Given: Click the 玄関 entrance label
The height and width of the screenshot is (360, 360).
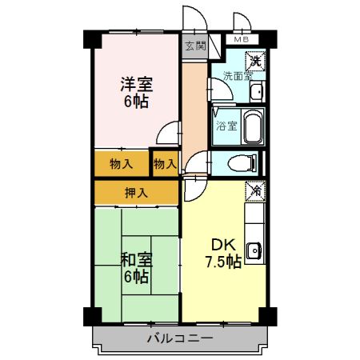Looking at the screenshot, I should point(195,46).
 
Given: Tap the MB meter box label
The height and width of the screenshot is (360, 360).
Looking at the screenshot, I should point(241,38).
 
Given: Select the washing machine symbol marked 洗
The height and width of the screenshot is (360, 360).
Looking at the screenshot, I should point(254,60).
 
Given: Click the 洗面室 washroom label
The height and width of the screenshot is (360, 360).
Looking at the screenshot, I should point(237,77).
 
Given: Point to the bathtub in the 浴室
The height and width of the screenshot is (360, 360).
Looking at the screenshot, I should point(251,126).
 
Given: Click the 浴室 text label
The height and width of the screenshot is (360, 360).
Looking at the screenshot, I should point(226,126).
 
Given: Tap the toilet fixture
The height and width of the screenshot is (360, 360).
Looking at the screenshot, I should point(242,164).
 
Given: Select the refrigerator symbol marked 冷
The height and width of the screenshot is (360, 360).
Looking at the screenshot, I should point(254,191).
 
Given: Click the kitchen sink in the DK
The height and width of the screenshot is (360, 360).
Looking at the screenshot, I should point(254,250).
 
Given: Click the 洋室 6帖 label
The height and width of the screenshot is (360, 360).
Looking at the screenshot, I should point(136,92).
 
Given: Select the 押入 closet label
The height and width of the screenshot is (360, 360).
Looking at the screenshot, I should point(136,192).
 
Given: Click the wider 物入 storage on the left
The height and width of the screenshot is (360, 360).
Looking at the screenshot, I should point(122,164).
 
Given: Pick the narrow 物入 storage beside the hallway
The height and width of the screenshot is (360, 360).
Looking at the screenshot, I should point(165,164).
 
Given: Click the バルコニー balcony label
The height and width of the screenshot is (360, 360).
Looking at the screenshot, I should point(180,338).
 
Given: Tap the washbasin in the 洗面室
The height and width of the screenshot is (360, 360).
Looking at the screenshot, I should point(255,93).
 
